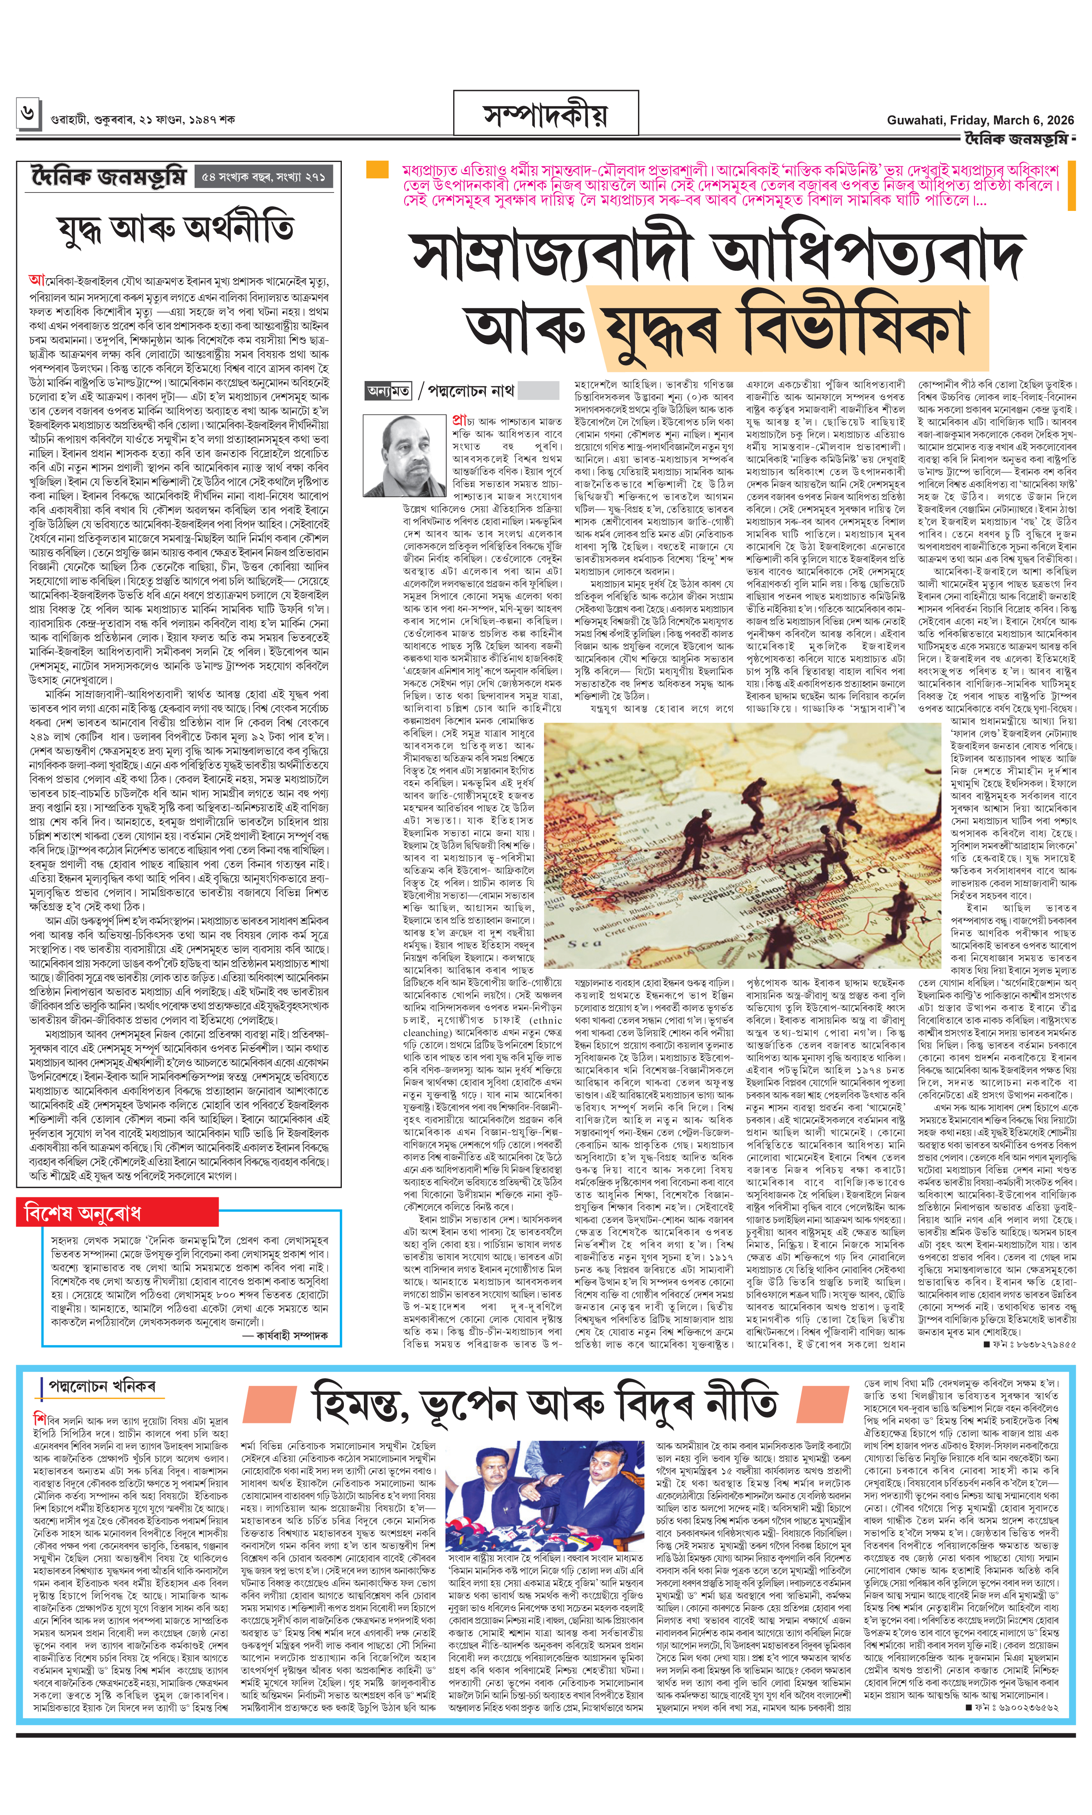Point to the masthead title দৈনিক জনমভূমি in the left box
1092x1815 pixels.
tap(109, 178)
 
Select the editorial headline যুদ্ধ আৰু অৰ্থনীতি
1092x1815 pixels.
tap(177, 230)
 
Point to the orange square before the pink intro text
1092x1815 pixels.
tap(377, 170)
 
